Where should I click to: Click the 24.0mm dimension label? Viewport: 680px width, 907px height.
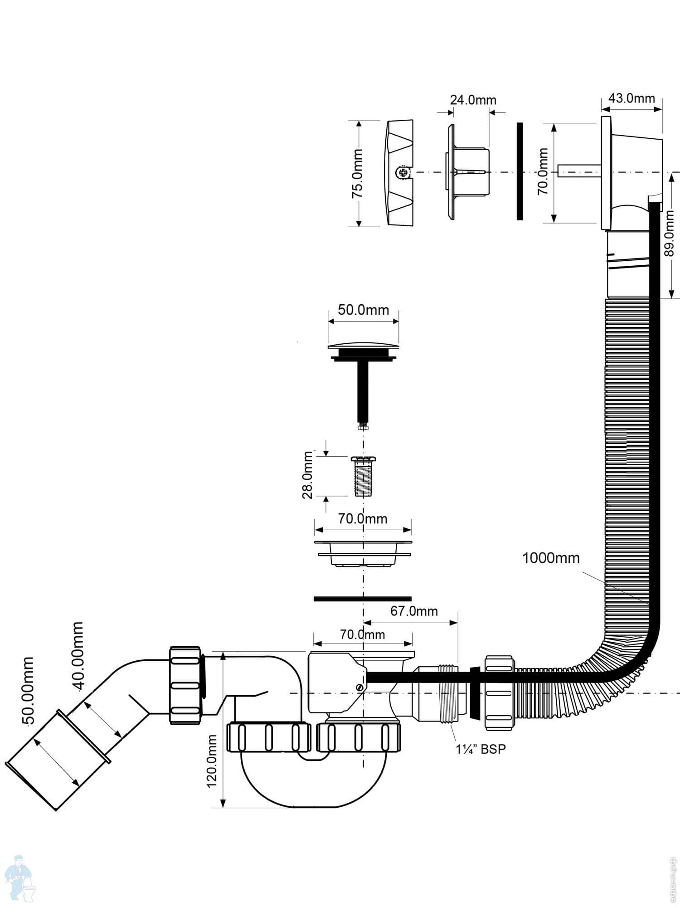pos(473,100)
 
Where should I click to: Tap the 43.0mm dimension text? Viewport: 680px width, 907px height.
pos(631,98)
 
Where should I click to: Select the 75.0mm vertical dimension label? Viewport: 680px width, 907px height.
pos(358,173)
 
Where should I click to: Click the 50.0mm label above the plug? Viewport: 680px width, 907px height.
pos(364,310)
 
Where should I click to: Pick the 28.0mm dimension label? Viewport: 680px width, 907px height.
pos(308,475)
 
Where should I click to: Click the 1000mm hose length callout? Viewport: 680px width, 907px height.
pos(551,558)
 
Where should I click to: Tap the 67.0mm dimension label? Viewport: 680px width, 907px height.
pos(414,611)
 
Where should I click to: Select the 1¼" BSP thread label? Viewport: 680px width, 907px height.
pos(481,749)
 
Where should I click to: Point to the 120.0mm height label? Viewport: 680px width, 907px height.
pos(212,761)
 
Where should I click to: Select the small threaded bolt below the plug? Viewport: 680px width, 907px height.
pos(363,477)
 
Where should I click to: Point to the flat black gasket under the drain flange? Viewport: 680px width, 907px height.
pos(363,599)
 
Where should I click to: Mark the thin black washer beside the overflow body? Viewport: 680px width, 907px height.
pos(520,171)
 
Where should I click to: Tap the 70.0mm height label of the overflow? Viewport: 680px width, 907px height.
pos(543,171)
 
